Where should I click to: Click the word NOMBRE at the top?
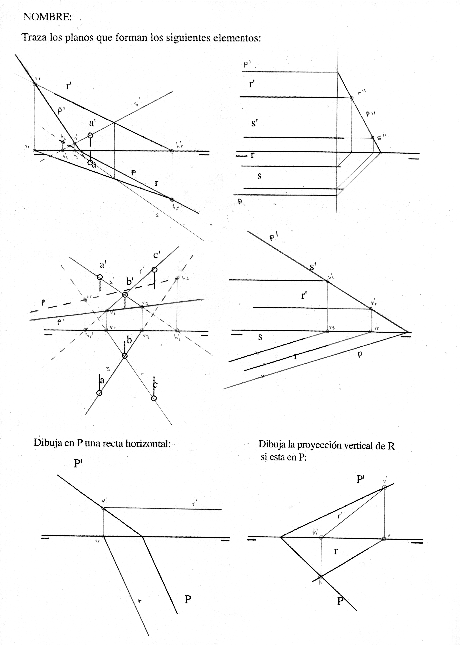click(x=47, y=17)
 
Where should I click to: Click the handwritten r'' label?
click(x=362, y=92)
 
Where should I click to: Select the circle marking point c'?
click(x=154, y=270)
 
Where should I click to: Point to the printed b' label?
click(x=130, y=281)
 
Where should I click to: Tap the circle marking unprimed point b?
click(x=125, y=356)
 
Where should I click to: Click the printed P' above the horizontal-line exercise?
click(x=78, y=464)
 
